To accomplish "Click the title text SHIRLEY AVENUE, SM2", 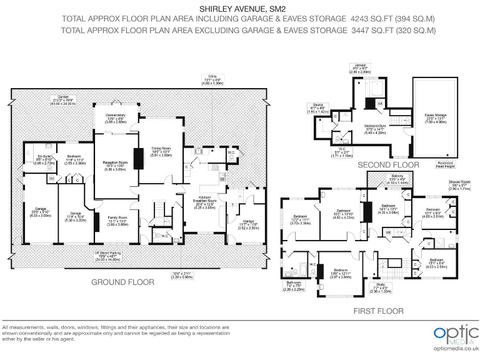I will point(241,9).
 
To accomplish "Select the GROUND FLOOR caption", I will point(122,282).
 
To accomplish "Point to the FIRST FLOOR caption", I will point(379,311).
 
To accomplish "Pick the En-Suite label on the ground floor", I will point(44,157).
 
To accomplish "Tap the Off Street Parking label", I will point(102,254).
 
